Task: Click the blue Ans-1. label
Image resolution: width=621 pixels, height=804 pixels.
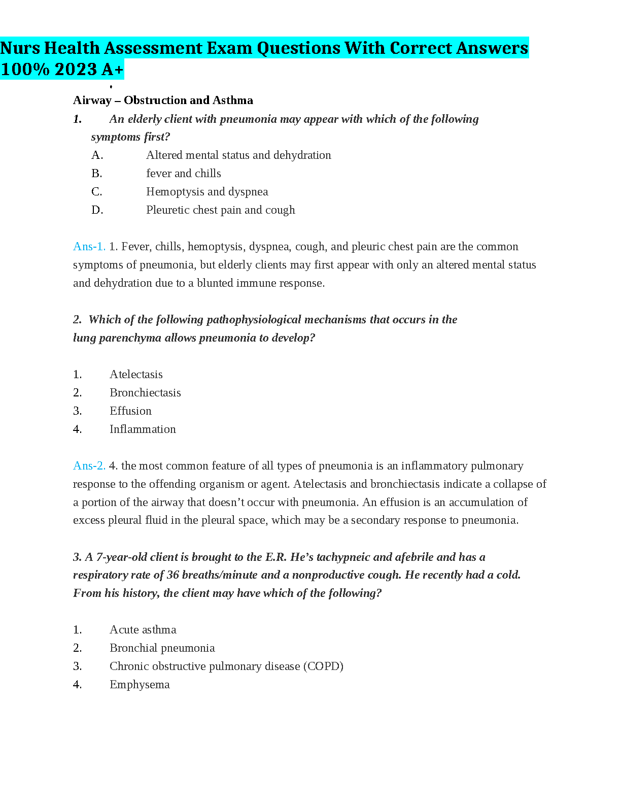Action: click(89, 247)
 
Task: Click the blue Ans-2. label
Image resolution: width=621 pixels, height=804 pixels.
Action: click(89, 466)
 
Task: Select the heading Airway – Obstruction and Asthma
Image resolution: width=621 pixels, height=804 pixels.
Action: click(163, 100)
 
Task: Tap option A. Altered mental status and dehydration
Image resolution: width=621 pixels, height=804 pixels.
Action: click(238, 155)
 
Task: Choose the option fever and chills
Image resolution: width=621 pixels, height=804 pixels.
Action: click(183, 174)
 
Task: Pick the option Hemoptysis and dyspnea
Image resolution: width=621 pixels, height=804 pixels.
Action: click(207, 192)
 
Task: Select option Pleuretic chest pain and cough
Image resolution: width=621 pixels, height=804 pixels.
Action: click(220, 210)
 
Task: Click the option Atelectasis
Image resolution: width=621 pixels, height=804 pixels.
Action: click(136, 375)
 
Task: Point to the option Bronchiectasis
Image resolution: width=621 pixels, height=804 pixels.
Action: click(145, 393)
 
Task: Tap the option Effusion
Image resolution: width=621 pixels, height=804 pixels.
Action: click(130, 411)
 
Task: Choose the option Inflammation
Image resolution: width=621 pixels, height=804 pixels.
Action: click(143, 429)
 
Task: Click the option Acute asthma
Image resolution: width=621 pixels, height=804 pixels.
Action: click(143, 630)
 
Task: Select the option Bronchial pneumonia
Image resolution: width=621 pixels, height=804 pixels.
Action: click(162, 648)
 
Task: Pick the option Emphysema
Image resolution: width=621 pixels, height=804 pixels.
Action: click(140, 685)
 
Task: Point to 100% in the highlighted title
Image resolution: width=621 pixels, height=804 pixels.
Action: click(25, 70)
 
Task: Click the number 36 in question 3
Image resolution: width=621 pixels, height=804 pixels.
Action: click(172, 575)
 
